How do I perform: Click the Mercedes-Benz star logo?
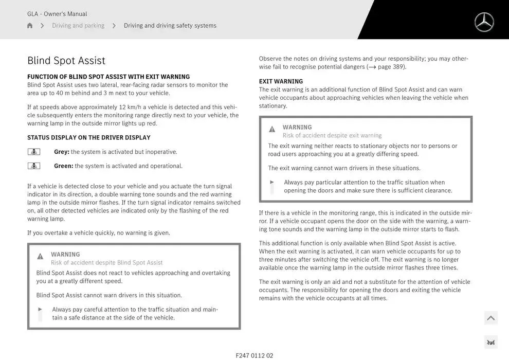[484, 22]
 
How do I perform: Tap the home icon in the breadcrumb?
[30, 26]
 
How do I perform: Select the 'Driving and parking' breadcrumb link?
[78, 26]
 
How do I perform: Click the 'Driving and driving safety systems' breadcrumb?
[170, 26]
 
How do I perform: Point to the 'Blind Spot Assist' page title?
[66, 61]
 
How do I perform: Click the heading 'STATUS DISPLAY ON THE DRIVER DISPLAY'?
[89, 137]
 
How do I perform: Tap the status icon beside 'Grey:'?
[34, 152]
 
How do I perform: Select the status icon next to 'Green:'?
[34, 166]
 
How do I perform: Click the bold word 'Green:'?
[64, 166]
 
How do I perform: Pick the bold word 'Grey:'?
[62, 152]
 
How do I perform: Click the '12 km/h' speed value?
[130, 107]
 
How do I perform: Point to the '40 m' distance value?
[63, 93]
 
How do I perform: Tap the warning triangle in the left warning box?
[40, 256]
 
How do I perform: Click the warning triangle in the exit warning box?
[272, 129]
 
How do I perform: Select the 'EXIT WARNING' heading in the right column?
[281, 81]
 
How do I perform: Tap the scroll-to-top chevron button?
[490, 318]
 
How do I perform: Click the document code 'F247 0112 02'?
[254, 355]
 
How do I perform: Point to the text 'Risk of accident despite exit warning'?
[332, 135]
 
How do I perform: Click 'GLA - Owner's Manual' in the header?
[57, 14]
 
